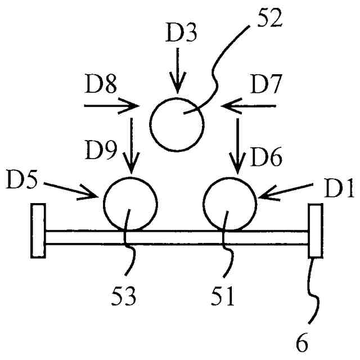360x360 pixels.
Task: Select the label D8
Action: (x=102, y=88)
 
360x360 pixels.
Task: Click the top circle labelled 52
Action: (x=177, y=124)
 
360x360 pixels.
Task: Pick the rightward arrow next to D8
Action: (x=111, y=105)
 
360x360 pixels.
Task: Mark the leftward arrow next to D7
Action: (x=249, y=105)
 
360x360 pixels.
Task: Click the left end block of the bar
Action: (x=38, y=231)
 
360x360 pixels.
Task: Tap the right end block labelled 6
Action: (x=315, y=231)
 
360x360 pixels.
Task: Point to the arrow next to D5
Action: (x=69, y=190)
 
